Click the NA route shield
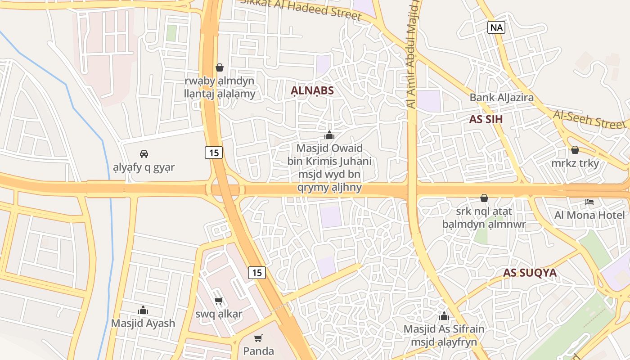pos(496,27)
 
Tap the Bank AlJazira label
pos(501,97)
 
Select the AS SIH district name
pos(486,119)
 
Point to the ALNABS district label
pos(312,90)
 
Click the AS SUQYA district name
pos(530,273)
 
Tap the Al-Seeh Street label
pos(590,119)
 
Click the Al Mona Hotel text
pos(589,215)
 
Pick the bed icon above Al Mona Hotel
pos(589,202)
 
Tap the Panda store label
pos(258,351)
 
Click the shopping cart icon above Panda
pos(258,338)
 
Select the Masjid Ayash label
pos(143,323)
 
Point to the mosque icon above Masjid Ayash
pos(143,310)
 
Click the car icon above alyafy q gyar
pos(144,154)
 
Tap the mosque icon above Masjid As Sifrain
pos(444,316)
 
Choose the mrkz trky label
pos(575,163)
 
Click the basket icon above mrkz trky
pos(575,150)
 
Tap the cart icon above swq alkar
pos(219,301)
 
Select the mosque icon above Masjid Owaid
pos(329,135)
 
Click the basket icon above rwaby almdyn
pos(220,67)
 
